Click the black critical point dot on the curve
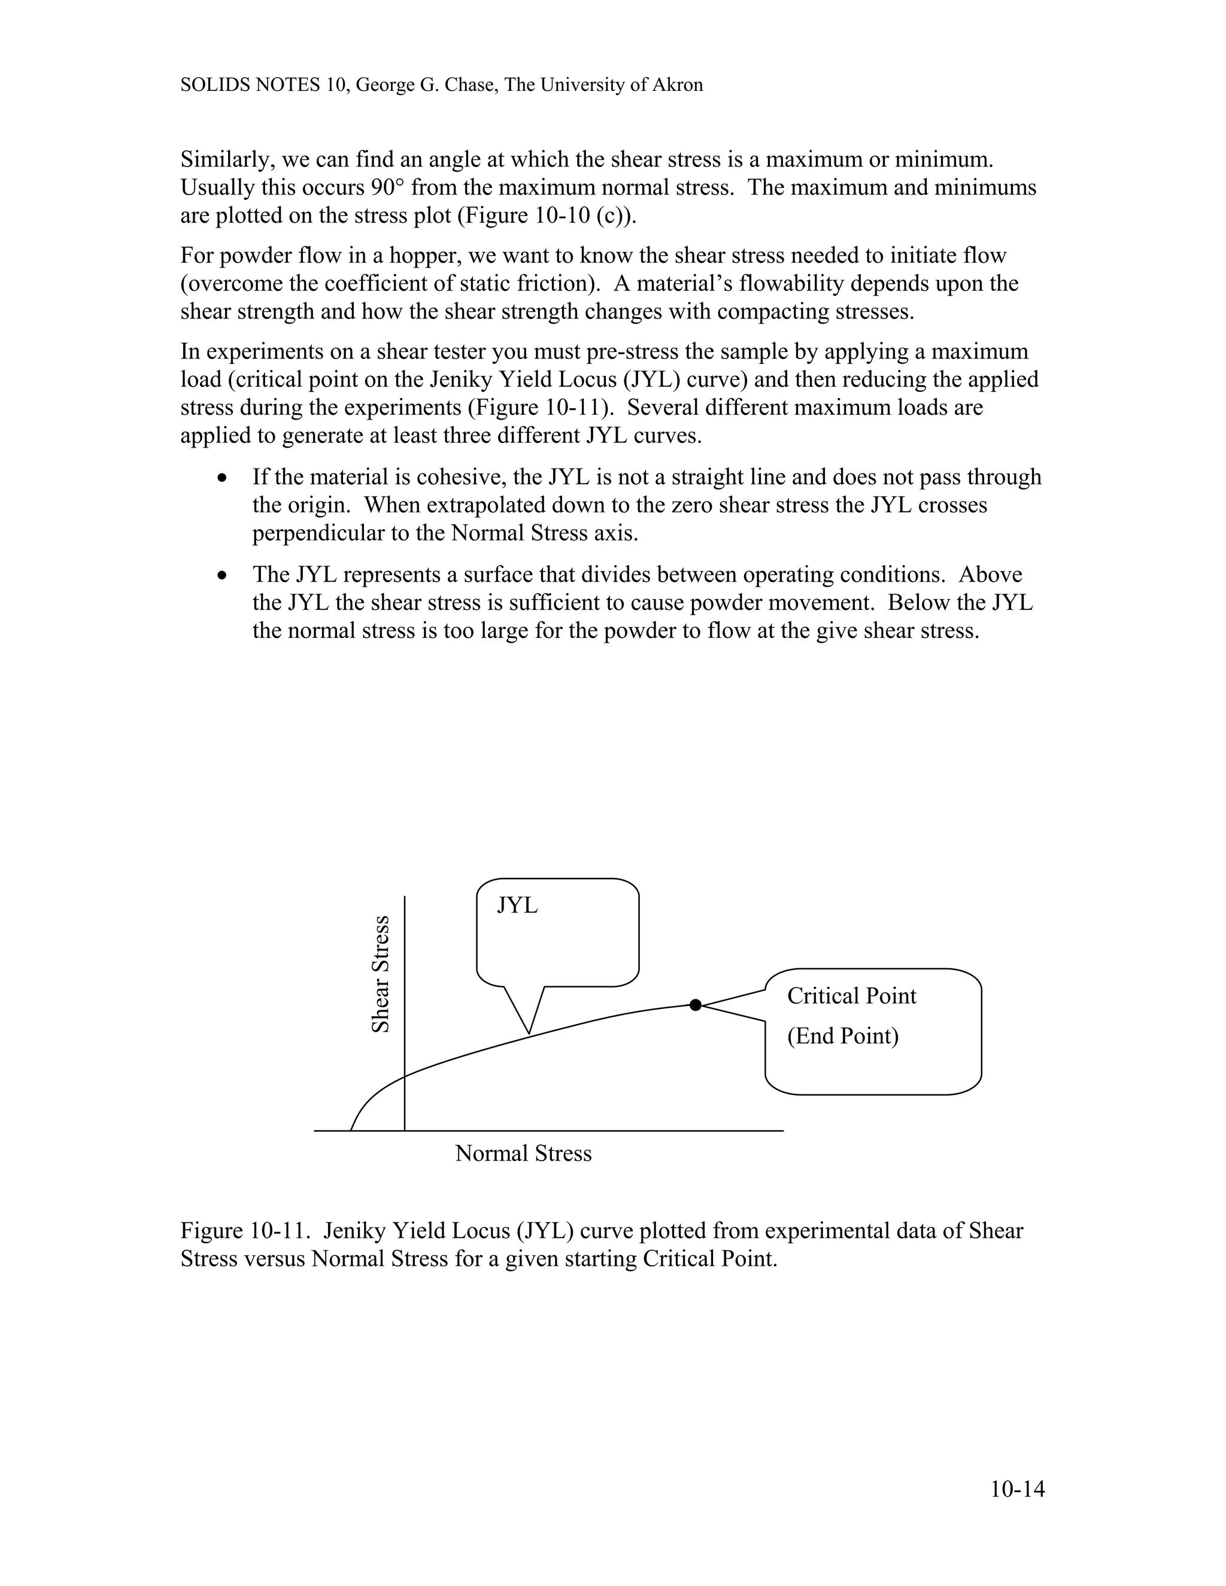(x=695, y=1005)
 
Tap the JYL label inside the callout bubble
(x=517, y=906)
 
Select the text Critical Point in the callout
(x=851, y=996)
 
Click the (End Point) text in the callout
(x=842, y=1035)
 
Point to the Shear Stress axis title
(x=381, y=974)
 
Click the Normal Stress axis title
(x=523, y=1153)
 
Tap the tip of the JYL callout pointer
(x=529, y=1032)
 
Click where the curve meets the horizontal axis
(x=351, y=1131)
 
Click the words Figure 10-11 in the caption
(x=246, y=1231)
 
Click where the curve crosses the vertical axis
(x=405, y=1075)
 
